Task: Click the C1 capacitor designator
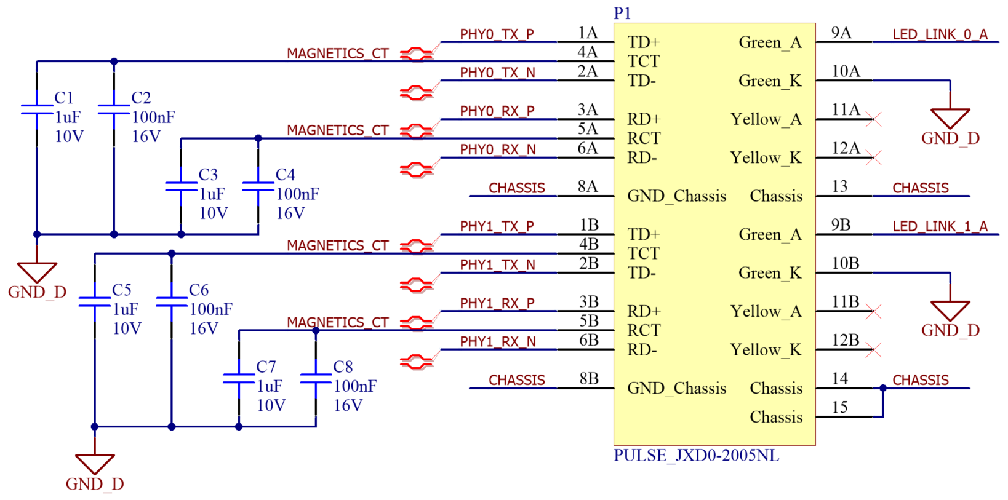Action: pyautogui.click(x=64, y=98)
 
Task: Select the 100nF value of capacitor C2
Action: pyautogui.click(x=153, y=117)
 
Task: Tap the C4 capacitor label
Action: pyautogui.click(x=285, y=175)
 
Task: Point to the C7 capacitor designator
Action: pyautogui.click(x=266, y=367)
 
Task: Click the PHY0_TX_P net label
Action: pyautogui.click(x=497, y=34)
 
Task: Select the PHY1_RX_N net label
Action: pyautogui.click(x=497, y=342)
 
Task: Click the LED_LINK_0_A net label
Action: pyautogui.click(x=940, y=34)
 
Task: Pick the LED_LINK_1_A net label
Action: pyautogui.click(x=940, y=226)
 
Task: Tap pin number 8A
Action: pyautogui.click(x=588, y=186)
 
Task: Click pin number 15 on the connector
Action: pyautogui.click(x=839, y=407)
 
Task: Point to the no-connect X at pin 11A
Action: pyautogui.click(x=873, y=119)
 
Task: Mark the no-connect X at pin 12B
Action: pyautogui.click(x=873, y=350)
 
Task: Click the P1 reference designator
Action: pyautogui.click(x=622, y=14)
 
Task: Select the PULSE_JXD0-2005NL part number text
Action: pyautogui.click(x=696, y=456)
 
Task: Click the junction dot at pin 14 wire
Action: pyautogui.click(x=882, y=388)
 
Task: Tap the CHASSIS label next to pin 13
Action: pyautogui.click(x=920, y=188)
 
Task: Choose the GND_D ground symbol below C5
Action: pyautogui.click(x=95, y=464)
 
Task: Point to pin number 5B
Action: pyautogui.click(x=588, y=321)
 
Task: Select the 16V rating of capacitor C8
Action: pyautogui.click(x=348, y=405)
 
